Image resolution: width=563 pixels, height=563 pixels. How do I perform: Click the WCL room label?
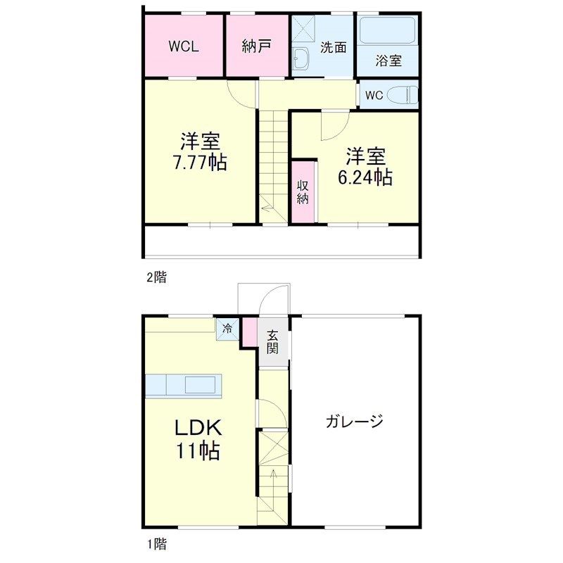(x=184, y=47)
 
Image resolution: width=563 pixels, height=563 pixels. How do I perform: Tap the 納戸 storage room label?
(x=256, y=47)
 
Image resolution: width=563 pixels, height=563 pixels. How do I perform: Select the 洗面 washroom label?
(x=334, y=48)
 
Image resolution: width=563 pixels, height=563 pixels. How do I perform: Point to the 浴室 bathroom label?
(x=388, y=61)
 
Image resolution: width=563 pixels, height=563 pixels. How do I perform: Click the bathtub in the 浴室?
(x=388, y=31)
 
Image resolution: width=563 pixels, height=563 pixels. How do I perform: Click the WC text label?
(x=374, y=96)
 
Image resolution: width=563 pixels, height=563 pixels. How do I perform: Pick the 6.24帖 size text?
(x=365, y=177)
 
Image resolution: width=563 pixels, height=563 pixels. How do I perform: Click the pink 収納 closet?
(x=303, y=192)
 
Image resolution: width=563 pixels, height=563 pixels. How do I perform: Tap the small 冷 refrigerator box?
(x=228, y=327)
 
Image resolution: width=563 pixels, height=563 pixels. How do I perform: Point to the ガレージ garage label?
(x=355, y=422)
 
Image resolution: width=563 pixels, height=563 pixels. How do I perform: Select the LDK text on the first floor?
(x=198, y=427)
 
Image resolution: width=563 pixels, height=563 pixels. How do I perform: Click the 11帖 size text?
(x=198, y=451)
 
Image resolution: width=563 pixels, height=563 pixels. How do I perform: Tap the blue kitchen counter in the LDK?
(x=183, y=386)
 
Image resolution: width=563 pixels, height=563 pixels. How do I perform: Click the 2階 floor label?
(x=156, y=277)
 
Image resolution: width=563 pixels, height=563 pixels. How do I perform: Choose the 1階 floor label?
(x=156, y=543)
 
